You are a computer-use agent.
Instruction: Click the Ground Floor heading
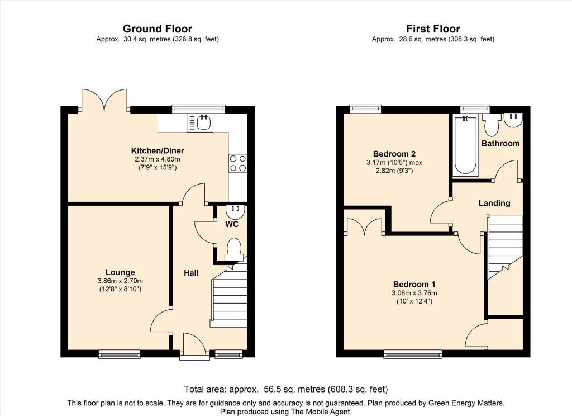point(157,29)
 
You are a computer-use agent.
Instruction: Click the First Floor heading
point(433,29)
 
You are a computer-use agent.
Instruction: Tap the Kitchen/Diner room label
point(158,150)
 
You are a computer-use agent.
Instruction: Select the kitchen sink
point(200,122)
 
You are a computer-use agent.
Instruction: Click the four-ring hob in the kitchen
point(237,163)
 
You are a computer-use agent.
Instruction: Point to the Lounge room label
point(120,272)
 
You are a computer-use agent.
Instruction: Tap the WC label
point(232,224)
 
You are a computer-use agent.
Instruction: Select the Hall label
point(191,273)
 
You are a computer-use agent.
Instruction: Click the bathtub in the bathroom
point(465,146)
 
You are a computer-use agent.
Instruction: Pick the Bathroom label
point(500,144)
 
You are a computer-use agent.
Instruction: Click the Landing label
point(494,203)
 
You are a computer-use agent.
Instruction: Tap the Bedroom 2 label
point(394,154)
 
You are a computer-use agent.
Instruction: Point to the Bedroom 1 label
point(414,284)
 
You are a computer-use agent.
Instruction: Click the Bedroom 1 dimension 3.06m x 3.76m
point(414,293)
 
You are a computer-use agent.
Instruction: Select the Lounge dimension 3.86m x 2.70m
point(120,281)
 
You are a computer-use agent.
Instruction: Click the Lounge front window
point(120,353)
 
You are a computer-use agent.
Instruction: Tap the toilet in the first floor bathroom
point(492,125)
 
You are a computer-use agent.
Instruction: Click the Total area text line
point(286,389)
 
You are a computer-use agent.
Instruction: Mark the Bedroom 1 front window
point(413,353)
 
